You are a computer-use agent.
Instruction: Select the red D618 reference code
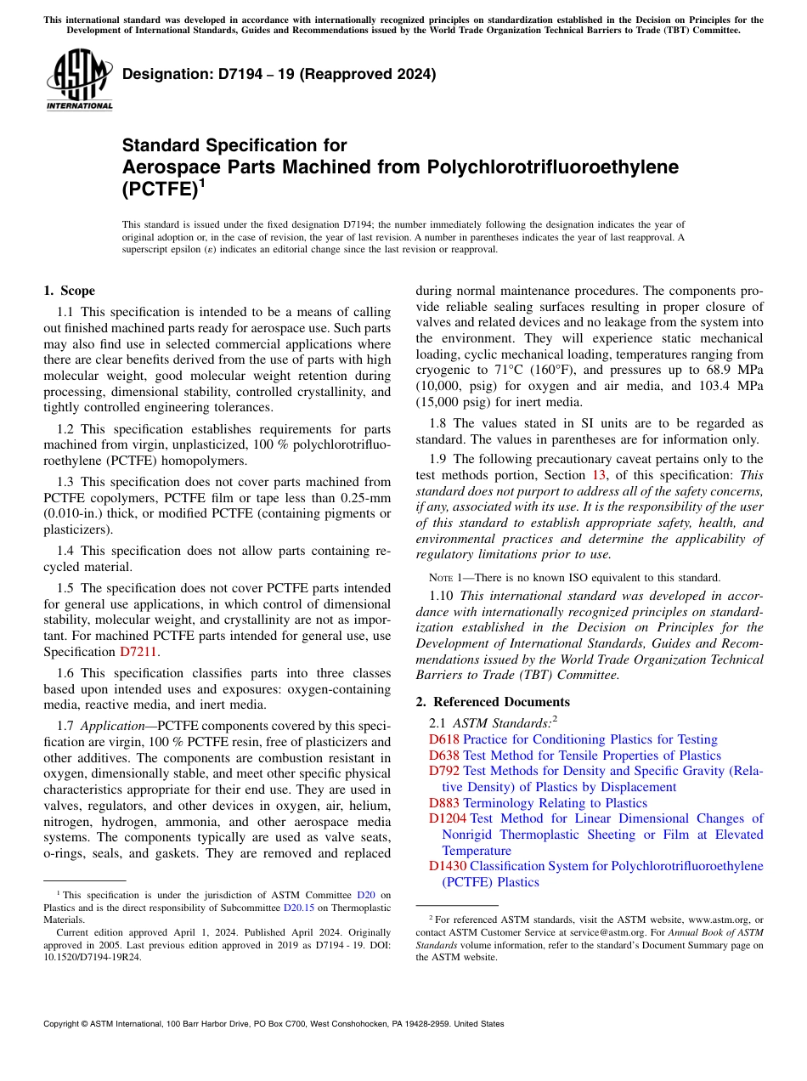tap(444, 739)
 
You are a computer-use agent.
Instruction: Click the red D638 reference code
tap(444, 755)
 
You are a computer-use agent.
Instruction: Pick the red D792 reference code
tap(444, 771)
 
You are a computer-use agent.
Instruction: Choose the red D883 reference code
tap(444, 802)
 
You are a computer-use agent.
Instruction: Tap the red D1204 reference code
tap(448, 818)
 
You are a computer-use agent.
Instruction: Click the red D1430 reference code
tap(448, 866)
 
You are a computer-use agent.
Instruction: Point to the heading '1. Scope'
tap(69, 291)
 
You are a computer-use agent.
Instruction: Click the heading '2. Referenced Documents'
tap(493, 702)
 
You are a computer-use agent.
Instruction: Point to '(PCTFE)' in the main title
tap(160, 190)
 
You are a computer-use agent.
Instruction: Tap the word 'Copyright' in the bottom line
tap(65, 1024)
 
